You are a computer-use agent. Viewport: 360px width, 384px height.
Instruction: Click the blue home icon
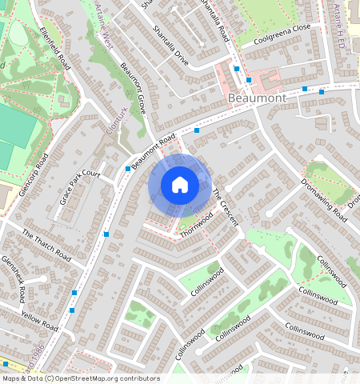tap(180, 185)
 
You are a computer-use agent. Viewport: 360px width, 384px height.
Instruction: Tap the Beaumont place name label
tap(257, 98)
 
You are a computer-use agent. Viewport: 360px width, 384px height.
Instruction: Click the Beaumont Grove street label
tap(132, 88)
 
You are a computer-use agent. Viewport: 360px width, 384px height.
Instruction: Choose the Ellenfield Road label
tap(55, 50)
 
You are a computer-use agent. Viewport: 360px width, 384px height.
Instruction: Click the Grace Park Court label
tap(79, 186)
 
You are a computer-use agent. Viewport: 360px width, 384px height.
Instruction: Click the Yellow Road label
tap(39, 322)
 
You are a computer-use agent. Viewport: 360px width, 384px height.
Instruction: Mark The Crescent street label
tap(225, 206)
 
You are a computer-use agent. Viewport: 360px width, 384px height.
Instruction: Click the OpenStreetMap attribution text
tap(80, 378)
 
